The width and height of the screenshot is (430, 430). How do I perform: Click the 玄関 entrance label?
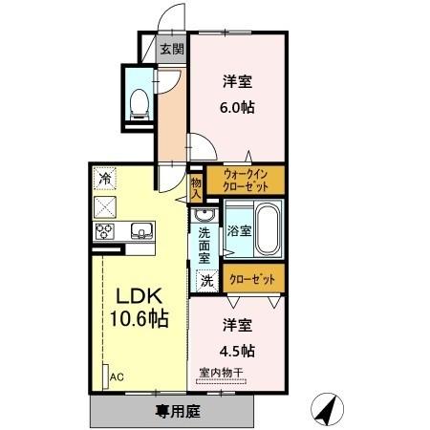[x=172, y=50]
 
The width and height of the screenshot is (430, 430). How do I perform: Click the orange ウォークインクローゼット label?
[x=250, y=181]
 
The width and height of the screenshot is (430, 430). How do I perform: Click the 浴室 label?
[x=239, y=230]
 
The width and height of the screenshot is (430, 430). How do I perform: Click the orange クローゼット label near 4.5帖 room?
[x=256, y=278]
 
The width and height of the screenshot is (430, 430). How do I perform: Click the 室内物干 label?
[x=223, y=373]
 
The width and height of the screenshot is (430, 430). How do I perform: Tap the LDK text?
[x=138, y=295]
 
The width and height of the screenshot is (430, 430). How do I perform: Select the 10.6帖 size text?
[x=138, y=319]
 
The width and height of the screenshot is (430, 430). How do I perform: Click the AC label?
[x=117, y=376]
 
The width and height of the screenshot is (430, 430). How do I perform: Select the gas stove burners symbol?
[x=105, y=231]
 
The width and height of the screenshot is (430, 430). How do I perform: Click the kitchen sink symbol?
[x=140, y=230]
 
